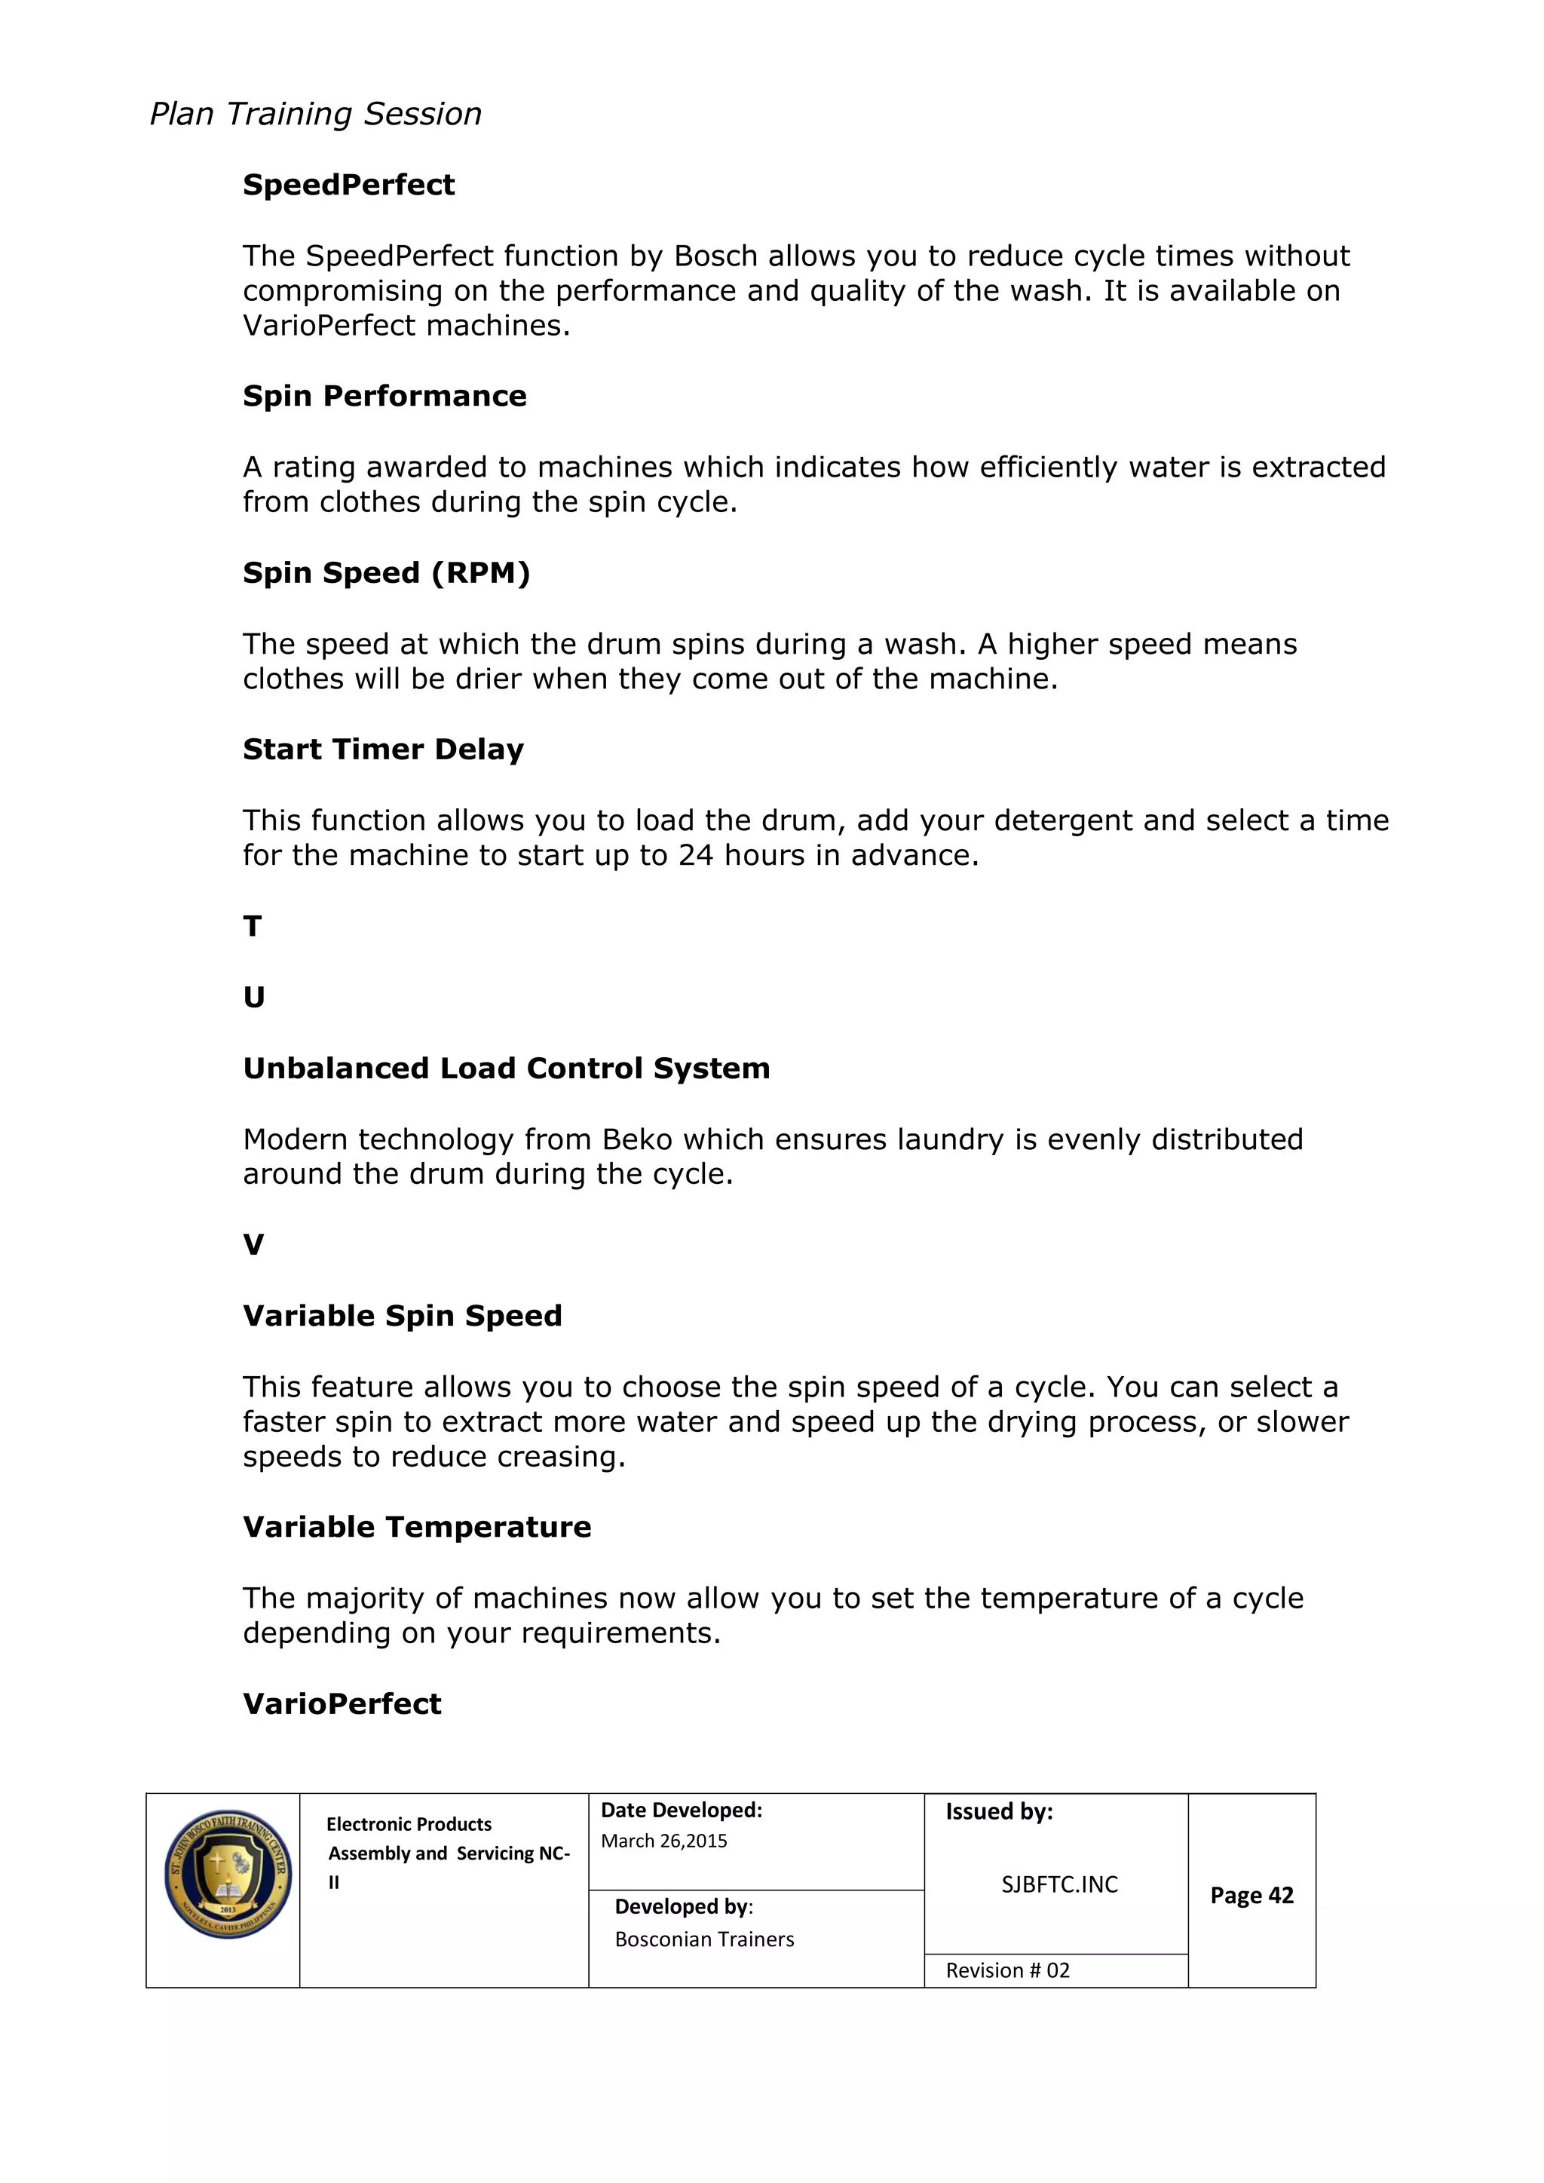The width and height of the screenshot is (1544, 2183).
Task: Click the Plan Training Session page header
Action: [316, 114]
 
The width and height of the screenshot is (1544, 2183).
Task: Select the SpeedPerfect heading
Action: [348, 185]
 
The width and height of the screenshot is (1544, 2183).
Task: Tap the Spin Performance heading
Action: [384, 396]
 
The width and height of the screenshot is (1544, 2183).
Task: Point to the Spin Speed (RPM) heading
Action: [386, 572]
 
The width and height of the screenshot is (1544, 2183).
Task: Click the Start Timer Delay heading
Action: [383, 750]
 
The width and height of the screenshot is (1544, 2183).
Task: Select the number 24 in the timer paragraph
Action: [695, 855]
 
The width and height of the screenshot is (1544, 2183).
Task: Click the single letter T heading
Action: [252, 926]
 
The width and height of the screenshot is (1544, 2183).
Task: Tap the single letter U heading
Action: [254, 998]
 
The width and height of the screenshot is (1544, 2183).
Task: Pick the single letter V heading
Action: [253, 1245]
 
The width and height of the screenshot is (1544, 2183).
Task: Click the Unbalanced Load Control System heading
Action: [506, 1068]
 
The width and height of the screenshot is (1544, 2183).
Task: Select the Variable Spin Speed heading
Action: [402, 1316]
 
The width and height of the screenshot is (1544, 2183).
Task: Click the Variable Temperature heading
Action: [416, 1527]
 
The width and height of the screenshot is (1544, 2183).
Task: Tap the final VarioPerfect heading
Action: [342, 1704]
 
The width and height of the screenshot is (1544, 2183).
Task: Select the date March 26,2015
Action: [663, 1841]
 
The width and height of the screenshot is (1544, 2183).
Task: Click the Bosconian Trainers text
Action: [703, 1939]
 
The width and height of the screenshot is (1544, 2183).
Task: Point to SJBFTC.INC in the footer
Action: [1059, 1884]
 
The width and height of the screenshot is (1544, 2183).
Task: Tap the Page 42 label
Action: [1251, 1895]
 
